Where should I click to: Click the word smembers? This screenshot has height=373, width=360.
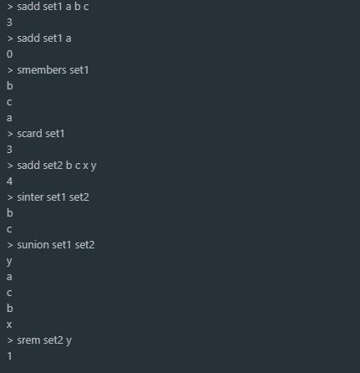click(42, 70)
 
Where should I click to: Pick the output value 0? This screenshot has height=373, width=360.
click(9, 54)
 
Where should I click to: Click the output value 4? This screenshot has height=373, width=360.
click(9, 181)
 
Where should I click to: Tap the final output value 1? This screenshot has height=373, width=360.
click(9, 356)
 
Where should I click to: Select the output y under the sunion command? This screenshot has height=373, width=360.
click(9, 262)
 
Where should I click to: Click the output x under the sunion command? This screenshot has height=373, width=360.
click(9, 324)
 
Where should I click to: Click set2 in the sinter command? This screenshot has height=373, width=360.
click(79, 197)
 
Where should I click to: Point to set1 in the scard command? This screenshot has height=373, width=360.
click(55, 134)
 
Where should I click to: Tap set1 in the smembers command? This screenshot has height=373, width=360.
click(79, 70)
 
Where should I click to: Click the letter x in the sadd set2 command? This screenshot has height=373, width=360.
click(85, 166)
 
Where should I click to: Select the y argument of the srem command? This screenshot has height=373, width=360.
click(68, 341)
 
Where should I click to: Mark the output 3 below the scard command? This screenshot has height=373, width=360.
click(9, 150)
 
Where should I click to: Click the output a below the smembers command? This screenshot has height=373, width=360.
click(9, 118)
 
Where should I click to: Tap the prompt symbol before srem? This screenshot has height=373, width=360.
click(10, 340)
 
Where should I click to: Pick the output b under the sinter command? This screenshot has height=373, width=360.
click(9, 213)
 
